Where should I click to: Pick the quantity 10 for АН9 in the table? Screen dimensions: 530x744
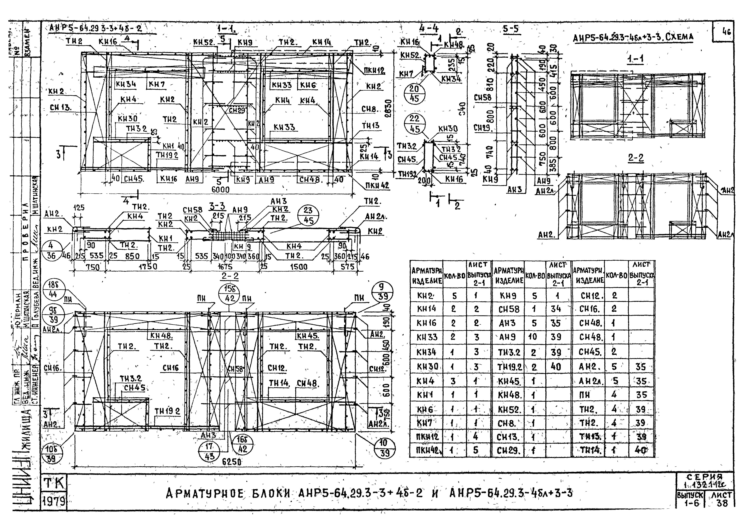[x=532, y=337]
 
